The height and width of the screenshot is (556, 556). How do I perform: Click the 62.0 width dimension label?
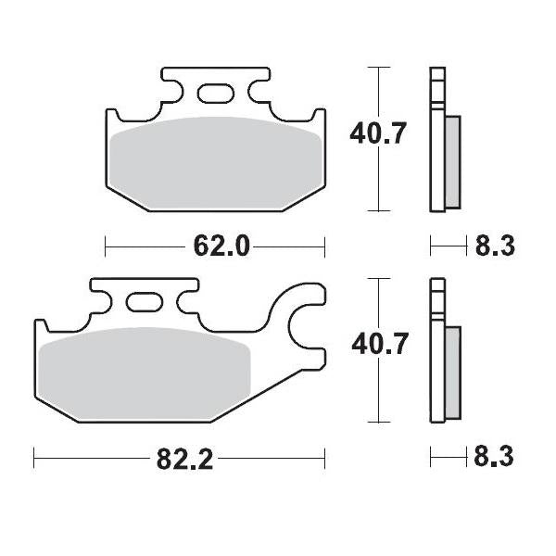click(221, 246)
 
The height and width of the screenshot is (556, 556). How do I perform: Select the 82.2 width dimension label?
click(183, 458)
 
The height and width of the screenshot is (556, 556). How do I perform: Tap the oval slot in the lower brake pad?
click(144, 302)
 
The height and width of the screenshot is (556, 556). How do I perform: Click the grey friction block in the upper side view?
click(452, 161)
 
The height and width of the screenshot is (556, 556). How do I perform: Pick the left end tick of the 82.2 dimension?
click(34, 457)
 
